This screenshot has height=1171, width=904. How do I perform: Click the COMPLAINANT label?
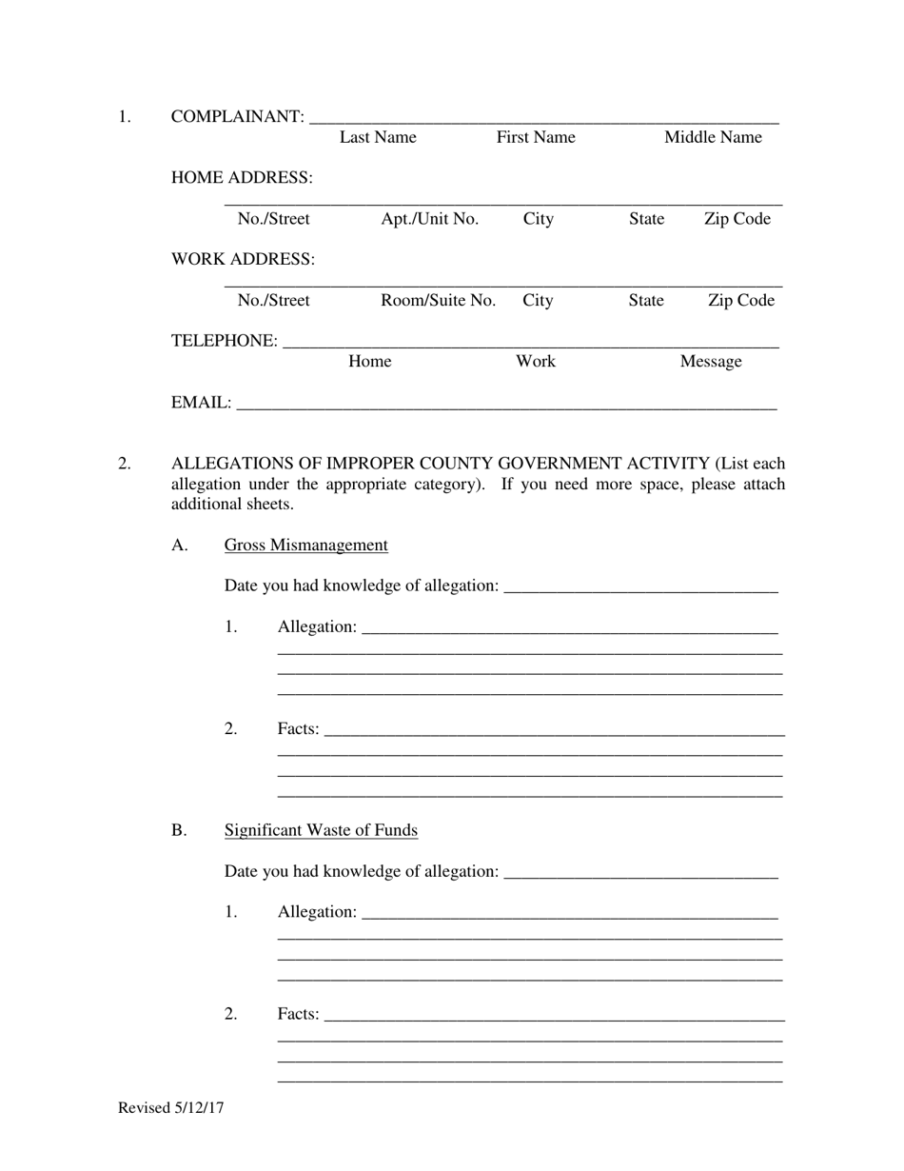[x=237, y=117]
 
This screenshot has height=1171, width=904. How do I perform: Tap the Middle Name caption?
[x=713, y=137]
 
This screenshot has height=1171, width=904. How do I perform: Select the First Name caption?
[x=536, y=137]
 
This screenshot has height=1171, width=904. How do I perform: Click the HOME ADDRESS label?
[x=242, y=178]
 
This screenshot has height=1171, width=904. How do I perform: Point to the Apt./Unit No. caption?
[x=429, y=219]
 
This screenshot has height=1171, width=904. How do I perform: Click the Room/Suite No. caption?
[x=438, y=301]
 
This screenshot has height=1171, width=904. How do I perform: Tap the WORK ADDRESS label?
[x=243, y=260]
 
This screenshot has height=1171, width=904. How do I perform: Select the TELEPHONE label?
[x=225, y=341]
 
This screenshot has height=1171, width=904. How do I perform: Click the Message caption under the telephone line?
[x=710, y=362]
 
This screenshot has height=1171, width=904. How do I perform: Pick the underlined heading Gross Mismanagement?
[x=305, y=546]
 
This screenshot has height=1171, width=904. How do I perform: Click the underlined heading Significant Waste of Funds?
[x=321, y=830]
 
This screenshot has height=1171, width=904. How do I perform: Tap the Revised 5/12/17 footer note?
[x=171, y=1107]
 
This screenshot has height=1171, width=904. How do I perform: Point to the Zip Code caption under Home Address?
[x=737, y=219]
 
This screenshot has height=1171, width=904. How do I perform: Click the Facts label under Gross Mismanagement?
[x=298, y=729]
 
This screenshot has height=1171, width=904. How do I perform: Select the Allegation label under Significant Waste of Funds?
[x=317, y=912]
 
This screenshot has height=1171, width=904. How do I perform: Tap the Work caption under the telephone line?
[x=535, y=362]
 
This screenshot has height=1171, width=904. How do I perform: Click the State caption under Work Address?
[x=645, y=301]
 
